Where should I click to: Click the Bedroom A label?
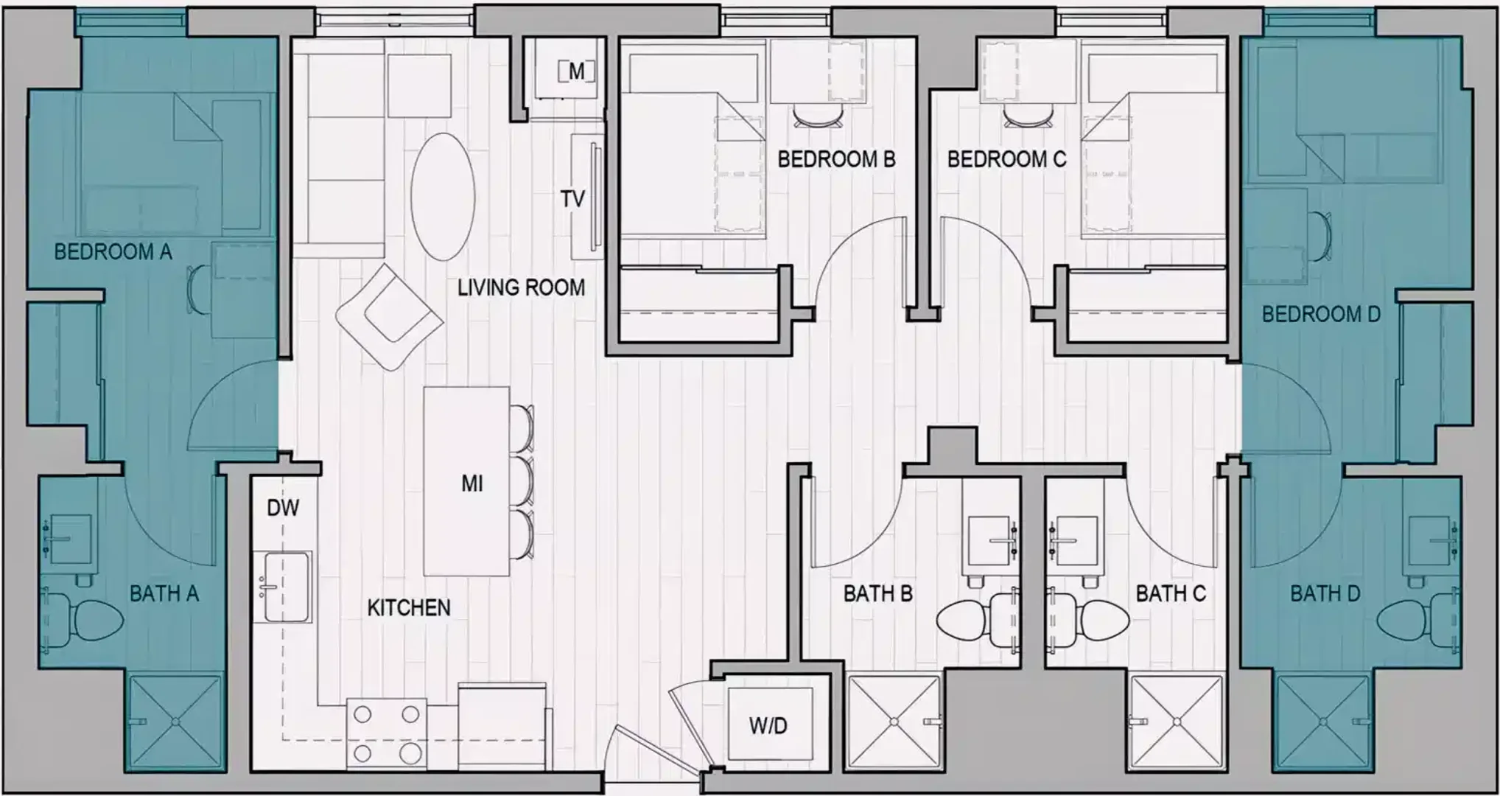(113, 252)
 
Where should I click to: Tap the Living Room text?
(521, 287)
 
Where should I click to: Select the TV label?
(572, 198)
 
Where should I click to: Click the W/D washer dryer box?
(769, 725)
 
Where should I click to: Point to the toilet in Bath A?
(84, 619)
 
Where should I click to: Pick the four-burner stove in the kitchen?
(387, 733)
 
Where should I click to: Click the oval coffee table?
(442, 196)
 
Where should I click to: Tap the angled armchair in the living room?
(389, 318)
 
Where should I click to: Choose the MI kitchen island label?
(472, 483)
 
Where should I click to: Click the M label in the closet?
(576, 71)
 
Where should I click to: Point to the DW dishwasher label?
(283, 507)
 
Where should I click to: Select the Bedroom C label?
(1006, 159)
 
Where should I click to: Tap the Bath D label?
(1325, 593)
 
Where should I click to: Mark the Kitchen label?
(409, 607)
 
